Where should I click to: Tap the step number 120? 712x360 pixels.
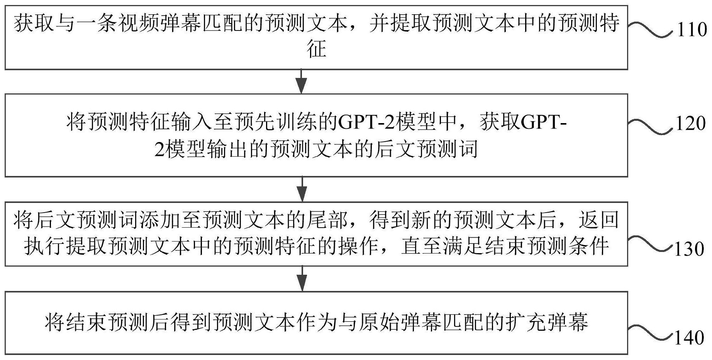691,124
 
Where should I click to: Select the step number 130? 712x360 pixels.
689,249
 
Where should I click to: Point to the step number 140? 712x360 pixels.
689,338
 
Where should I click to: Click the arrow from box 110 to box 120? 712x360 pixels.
301,81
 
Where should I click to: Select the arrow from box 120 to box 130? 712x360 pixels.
302,189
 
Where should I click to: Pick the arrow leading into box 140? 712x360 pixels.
302,278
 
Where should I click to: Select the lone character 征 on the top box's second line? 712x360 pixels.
317,49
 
